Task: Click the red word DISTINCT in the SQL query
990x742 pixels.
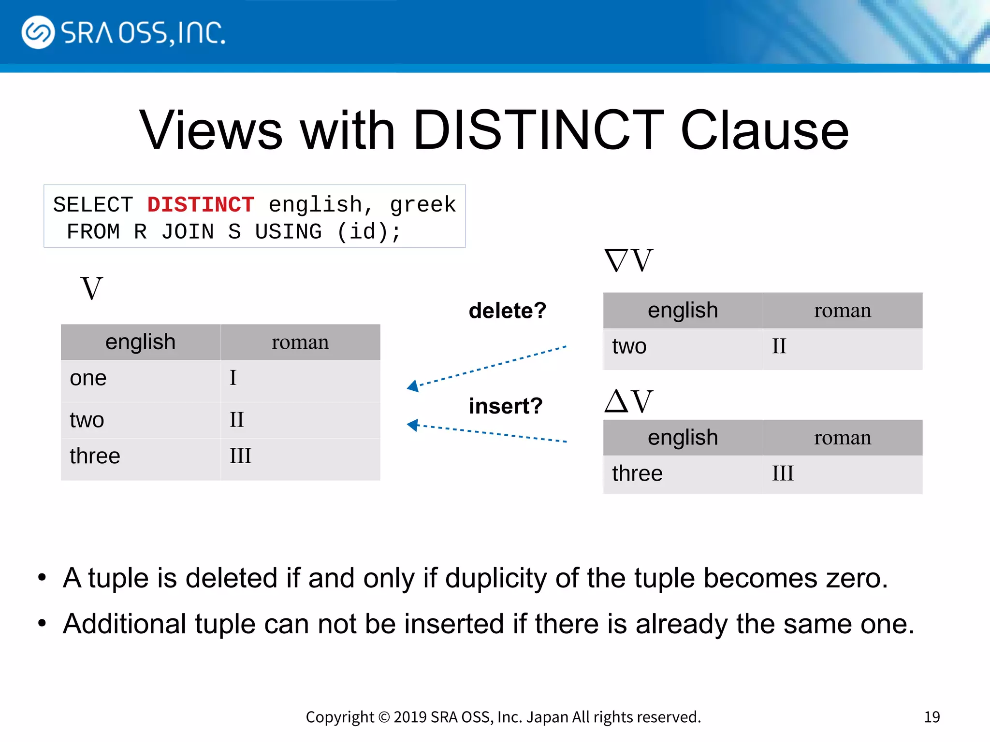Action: [x=201, y=205]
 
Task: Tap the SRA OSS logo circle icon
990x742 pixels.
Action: [x=38, y=32]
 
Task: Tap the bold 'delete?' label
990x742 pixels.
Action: [x=507, y=311]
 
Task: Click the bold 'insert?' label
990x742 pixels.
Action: [x=506, y=406]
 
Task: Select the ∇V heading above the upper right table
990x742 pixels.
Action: [x=628, y=261]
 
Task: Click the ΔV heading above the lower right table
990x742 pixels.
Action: [x=628, y=401]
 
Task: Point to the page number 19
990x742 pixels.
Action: [x=932, y=717]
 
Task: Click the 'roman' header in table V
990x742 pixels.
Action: [x=300, y=342]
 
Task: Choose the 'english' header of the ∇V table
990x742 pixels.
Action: [x=683, y=311]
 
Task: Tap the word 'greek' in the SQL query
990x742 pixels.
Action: [x=422, y=205]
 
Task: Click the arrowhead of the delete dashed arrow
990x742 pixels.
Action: [x=413, y=386]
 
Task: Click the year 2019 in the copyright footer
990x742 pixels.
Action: [x=410, y=717]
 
